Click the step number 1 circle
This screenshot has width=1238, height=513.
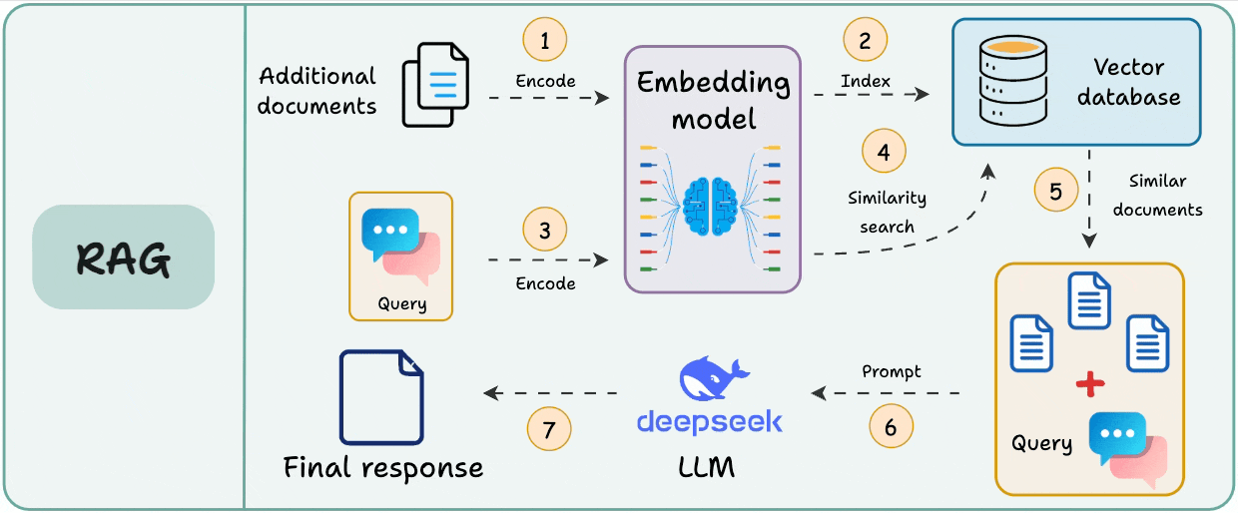(x=545, y=41)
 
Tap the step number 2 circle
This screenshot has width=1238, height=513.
(x=865, y=41)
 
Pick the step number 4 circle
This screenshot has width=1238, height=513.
(x=884, y=153)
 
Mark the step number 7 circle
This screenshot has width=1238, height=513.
(x=549, y=430)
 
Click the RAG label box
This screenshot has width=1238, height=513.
(x=123, y=256)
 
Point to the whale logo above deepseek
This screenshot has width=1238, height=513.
(x=709, y=379)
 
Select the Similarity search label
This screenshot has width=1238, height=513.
(x=887, y=212)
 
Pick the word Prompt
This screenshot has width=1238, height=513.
(x=891, y=371)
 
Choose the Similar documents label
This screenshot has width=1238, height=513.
(x=1157, y=196)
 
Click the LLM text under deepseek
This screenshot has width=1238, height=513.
(x=706, y=466)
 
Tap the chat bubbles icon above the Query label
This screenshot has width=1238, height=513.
(x=400, y=246)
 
